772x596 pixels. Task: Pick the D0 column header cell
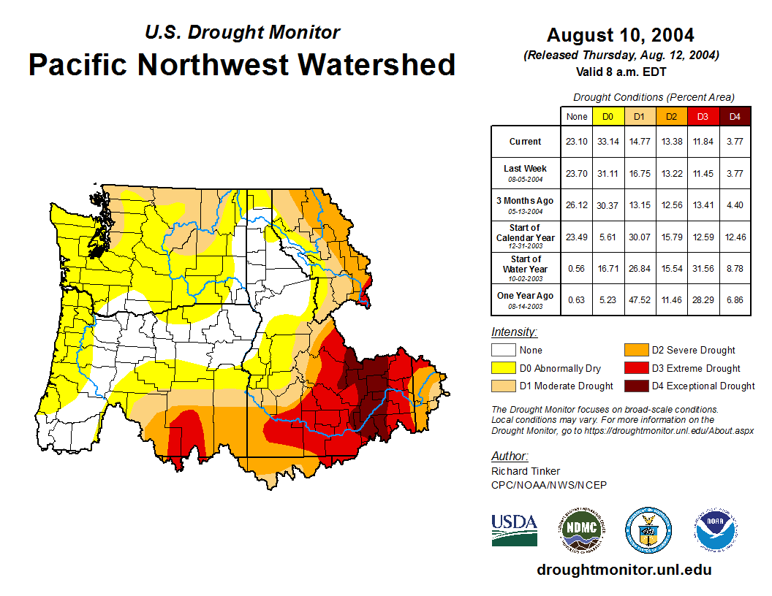coord(608,116)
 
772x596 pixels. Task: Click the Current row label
coord(526,142)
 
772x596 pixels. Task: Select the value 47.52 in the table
coord(639,300)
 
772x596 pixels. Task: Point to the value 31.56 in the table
coord(703,269)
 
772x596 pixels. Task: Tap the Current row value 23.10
coord(576,142)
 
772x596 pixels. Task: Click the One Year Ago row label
coord(526,296)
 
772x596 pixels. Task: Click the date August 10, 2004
coord(620,34)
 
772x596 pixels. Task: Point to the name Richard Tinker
coord(525,471)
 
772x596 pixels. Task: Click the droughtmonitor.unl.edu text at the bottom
coord(624,570)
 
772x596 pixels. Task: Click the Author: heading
coord(510,456)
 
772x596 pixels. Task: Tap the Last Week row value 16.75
coord(639,174)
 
